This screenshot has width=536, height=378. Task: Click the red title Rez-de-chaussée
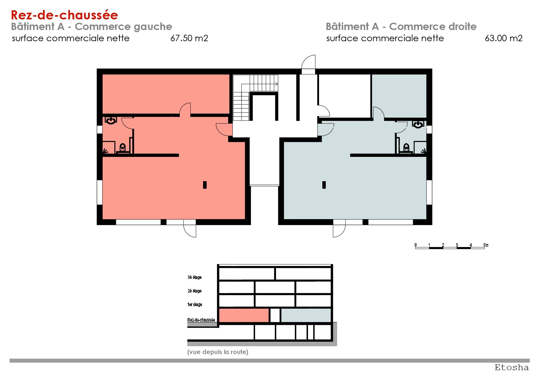click(x=64, y=15)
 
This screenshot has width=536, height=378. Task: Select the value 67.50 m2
click(x=189, y=38)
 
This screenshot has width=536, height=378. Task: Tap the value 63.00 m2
click(x=504, y=38)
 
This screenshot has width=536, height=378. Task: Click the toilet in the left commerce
click(x=123, y=148)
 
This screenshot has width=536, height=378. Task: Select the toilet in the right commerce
click(x=406, y=148)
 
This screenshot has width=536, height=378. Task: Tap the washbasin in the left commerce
click(x=111, y=121)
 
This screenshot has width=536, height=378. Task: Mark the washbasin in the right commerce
click(x=418, y=124)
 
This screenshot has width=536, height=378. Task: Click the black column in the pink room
click(x=205, y=185)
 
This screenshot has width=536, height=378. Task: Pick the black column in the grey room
click(x=324, y=185)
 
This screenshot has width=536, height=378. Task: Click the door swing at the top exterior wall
click(x=308, y=62)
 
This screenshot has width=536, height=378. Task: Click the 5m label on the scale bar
click(x=486, y=245)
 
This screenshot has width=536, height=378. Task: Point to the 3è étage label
click(x=195, y=277)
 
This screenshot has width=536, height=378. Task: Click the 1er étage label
click(x=195, y=304)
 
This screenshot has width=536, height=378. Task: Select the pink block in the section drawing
click(x=244, y=315)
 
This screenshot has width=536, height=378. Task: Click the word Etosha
click(x=512, y=367)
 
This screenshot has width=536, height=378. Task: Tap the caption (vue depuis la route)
click(x=218, y=352)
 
